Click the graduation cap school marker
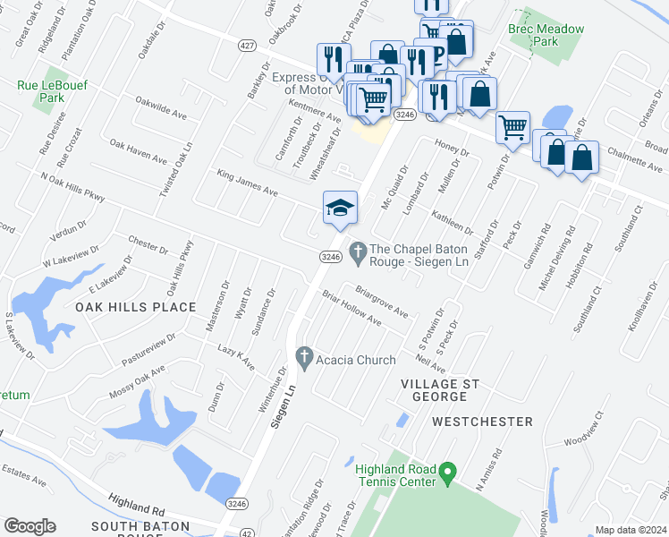tap(340, 209)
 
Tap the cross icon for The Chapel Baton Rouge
tap(358, 250)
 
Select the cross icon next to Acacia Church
tap(304, 356)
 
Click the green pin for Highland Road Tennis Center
tap(451, 470)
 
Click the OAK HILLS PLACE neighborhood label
tap(135, 307)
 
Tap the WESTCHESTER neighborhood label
tap(482, 421)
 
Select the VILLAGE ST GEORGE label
tap(440, 389)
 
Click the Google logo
tap(30, 525)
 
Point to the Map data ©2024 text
tap(630, 530)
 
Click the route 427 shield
tap(246, 45)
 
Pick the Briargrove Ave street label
tap(381, 302)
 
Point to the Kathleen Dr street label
tap(451, 220)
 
